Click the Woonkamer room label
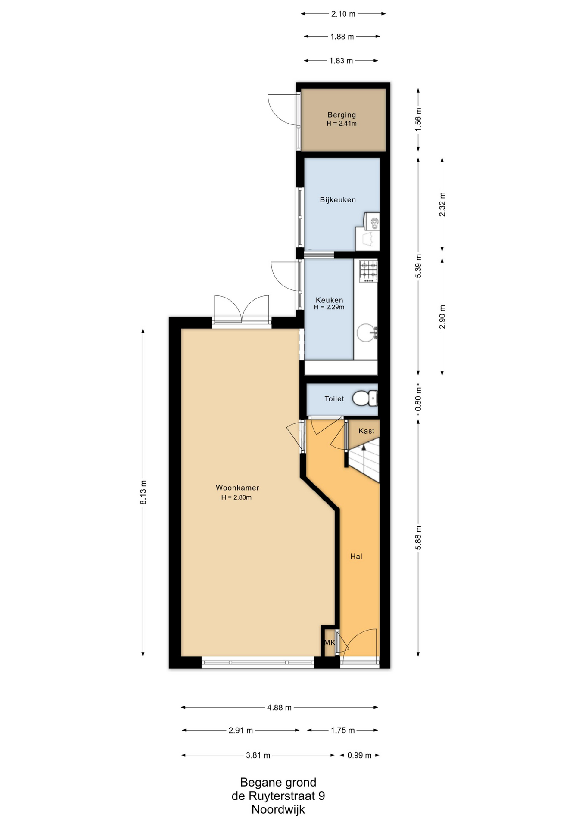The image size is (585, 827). [x=237, y=488]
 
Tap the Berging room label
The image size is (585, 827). [x=342, y=115]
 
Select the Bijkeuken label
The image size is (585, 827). [x=338, y=200]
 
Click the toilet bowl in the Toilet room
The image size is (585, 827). [x=364, y=398]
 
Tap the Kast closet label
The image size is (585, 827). [x=367, y=431]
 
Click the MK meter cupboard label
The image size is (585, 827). [x=330, y=643]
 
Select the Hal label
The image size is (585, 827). [x=356, y=557]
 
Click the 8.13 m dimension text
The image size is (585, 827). [x=143, y=492]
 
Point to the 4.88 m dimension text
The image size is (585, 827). [x=279, y=707]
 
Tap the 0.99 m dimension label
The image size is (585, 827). [x=360, y=755]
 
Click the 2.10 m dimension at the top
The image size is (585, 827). [x=343, y=14]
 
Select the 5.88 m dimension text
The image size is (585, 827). [x=418, y=538]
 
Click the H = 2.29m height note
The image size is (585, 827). [x=329, y=307]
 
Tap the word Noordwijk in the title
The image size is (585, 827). [x=278, y=809]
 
